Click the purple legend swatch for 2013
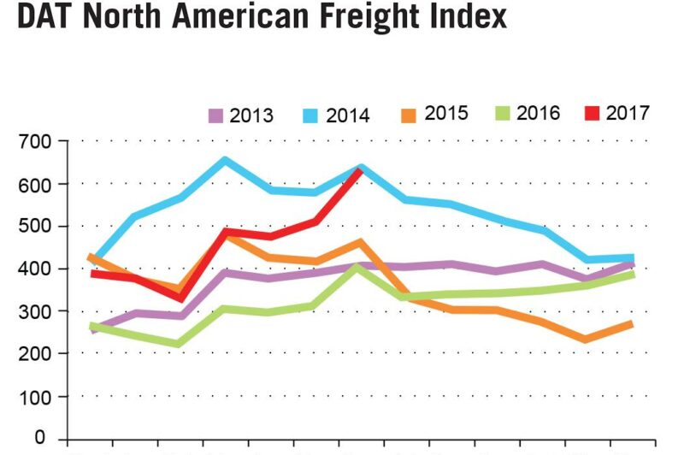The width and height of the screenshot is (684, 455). click(215, 115)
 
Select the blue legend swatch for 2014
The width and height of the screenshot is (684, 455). click(312, 115)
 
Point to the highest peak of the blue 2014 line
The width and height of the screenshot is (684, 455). click(225, 160)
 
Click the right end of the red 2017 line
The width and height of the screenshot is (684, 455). click(362, 169)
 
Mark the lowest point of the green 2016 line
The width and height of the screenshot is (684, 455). click(178, 344)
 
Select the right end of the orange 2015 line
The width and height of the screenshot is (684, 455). click(631, 323)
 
